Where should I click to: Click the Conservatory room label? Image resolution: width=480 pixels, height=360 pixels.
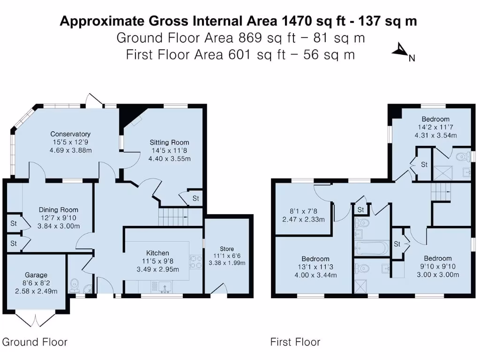pyautogui.click(x=70, y=134)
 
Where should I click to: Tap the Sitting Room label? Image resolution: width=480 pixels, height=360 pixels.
pyautogui.click(x=169, y=142)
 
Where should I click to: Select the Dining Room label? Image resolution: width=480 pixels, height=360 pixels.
pyautogui.click(x=59, y=210)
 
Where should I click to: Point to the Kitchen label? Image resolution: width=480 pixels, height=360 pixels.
pyautogui.click(x=157, y=253)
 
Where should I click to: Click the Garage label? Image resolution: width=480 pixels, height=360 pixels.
pyautogui.click(x=36, y=275)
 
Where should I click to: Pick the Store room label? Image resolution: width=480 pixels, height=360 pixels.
pyautogui.click(x=227, y=249)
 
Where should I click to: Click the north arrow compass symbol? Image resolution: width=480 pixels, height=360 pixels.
pyautogui.click(x=401, y=50)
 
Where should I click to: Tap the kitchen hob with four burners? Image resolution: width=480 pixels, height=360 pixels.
pyautogui.click(x=196, y=262)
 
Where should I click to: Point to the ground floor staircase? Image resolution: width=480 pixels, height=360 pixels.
pyautogui.click(x=173, y=217)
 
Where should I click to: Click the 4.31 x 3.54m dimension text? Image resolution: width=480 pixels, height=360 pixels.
pyautogui.click(x=435, y=135)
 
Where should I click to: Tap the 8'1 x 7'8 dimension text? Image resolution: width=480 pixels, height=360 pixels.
pyautogui.click(x=303, y=211)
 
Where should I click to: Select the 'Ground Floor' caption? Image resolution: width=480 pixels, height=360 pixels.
pyautogui.click(x=35, y=342)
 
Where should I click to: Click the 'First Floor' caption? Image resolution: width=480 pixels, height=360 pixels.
pyautogui.click(x=295, y=342)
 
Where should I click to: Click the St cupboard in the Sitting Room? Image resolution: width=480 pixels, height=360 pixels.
pyautogui.click(x=195, y=198)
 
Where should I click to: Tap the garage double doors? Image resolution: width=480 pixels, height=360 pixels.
pyautogui.click(x=36, y=320)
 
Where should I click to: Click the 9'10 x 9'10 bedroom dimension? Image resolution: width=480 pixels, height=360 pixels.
pyautogui.click(x=438, y=266)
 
